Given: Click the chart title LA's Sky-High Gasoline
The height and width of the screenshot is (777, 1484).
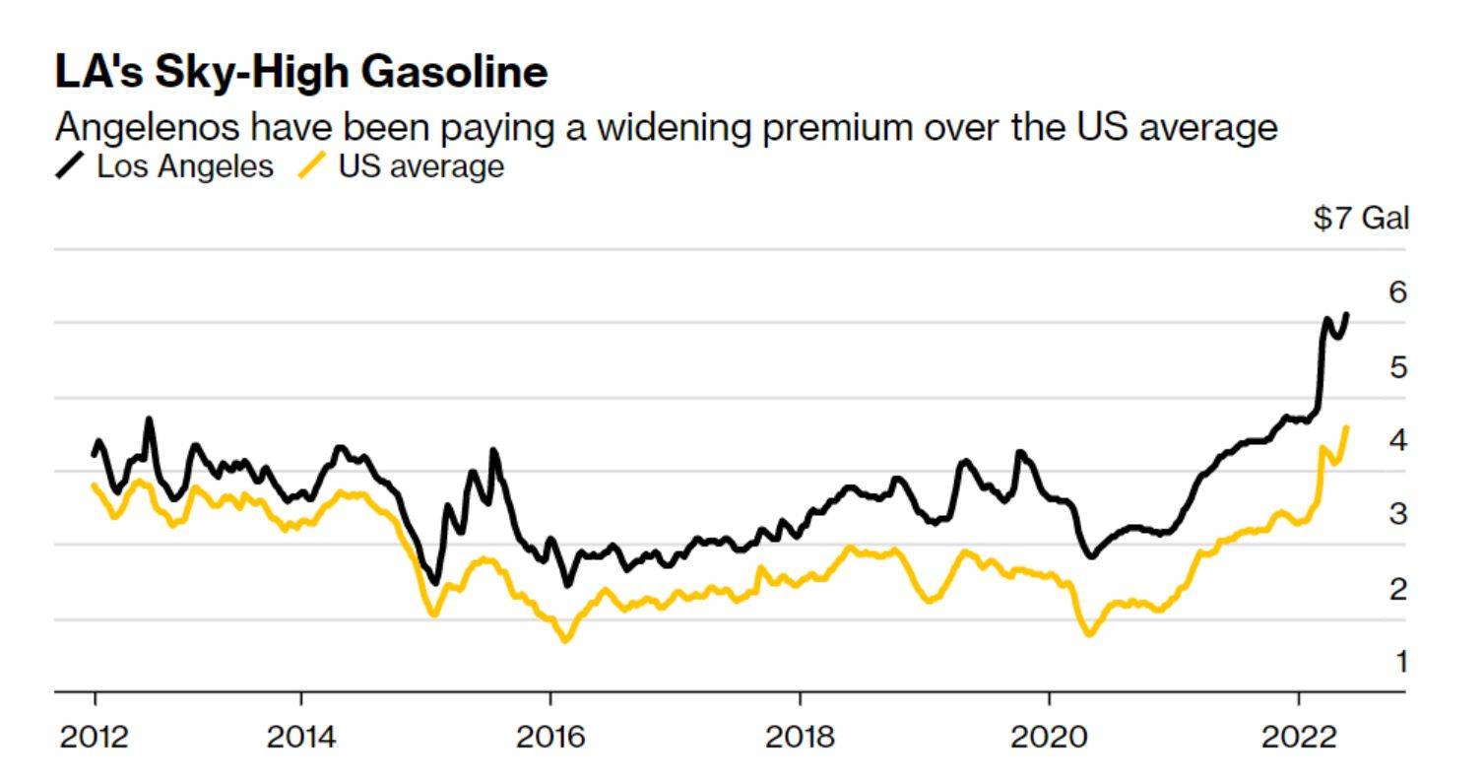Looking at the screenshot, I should [300, 73].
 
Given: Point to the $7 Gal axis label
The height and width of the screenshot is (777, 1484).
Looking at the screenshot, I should [1361, 219].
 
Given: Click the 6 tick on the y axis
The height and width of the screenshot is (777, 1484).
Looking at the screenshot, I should [1397, 292].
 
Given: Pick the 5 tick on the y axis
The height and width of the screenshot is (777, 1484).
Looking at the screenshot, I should [1397, 367].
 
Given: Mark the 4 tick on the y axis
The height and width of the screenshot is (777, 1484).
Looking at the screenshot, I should [1397, 440].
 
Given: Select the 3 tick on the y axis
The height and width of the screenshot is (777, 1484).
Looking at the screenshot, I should [1397, 514].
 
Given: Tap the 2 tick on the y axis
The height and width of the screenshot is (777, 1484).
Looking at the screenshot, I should [1397, 589].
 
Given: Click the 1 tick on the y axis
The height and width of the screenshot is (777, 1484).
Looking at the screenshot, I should [1400, 662].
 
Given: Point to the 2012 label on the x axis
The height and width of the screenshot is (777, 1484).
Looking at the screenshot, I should [95, 737].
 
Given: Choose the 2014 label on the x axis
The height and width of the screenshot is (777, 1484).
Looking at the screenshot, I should [300, 737].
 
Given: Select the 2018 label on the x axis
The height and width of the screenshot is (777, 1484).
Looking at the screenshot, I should [800, 737].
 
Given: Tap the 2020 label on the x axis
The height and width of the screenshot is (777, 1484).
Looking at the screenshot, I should [1050, 737].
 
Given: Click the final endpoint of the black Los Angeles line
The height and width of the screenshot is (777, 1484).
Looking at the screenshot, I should [1346, 315].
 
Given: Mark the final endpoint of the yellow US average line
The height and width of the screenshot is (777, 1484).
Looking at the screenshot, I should [1346, 427].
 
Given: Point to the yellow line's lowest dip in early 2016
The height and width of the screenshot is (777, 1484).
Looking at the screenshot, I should [565, 640].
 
